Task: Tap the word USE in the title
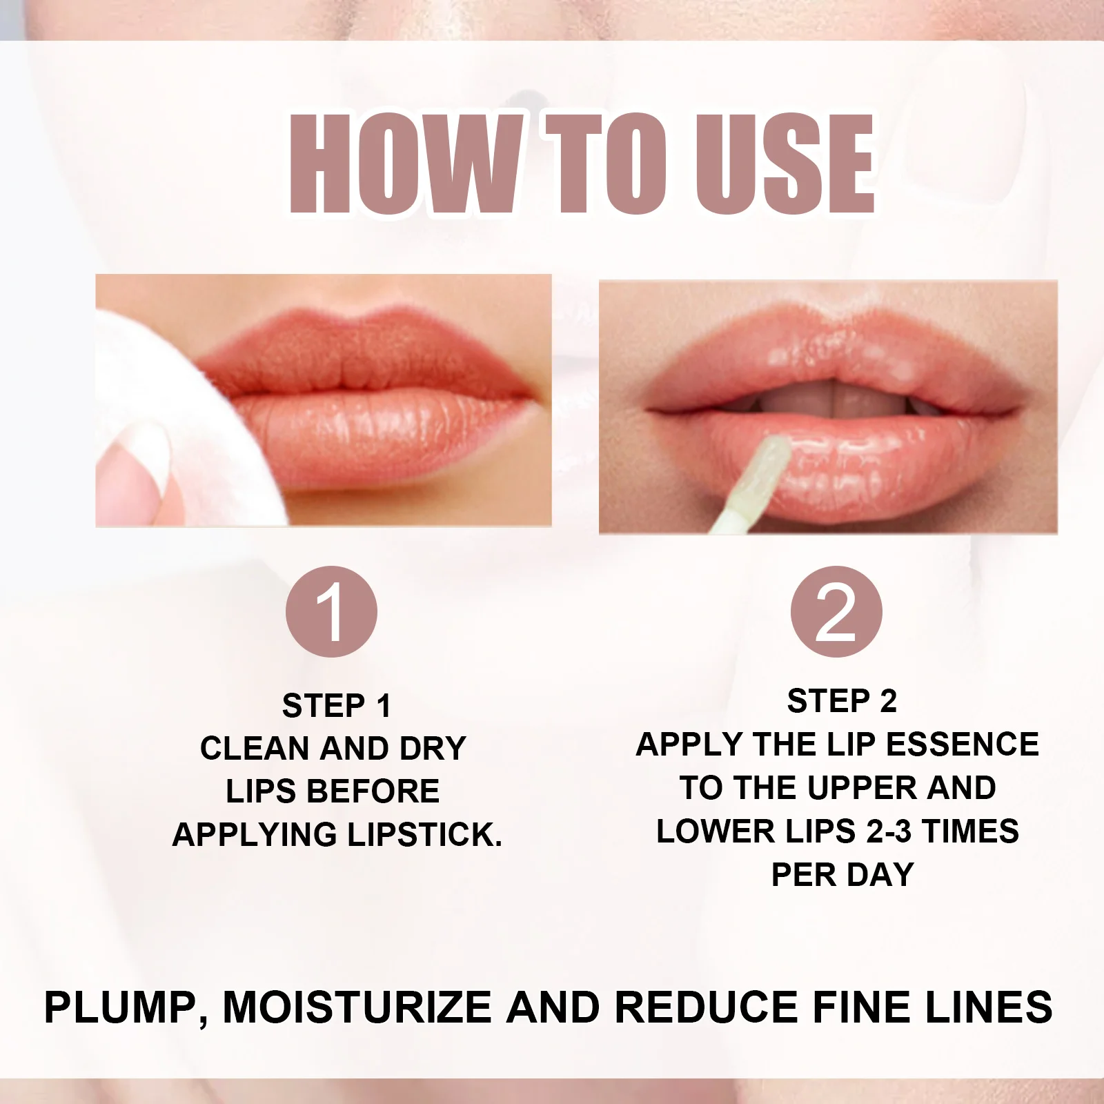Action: point(785,164)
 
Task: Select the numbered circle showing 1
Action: point(331,611)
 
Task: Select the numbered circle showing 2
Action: point(836,611)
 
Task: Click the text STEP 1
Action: point(337,706)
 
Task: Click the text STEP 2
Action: point(842,701)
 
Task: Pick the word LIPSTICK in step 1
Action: point(424,835)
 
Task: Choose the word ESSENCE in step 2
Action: point(963,745)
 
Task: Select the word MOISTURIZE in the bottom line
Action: point(357,1008)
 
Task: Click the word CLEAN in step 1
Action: point(254,749)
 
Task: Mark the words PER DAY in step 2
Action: point(842,875)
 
